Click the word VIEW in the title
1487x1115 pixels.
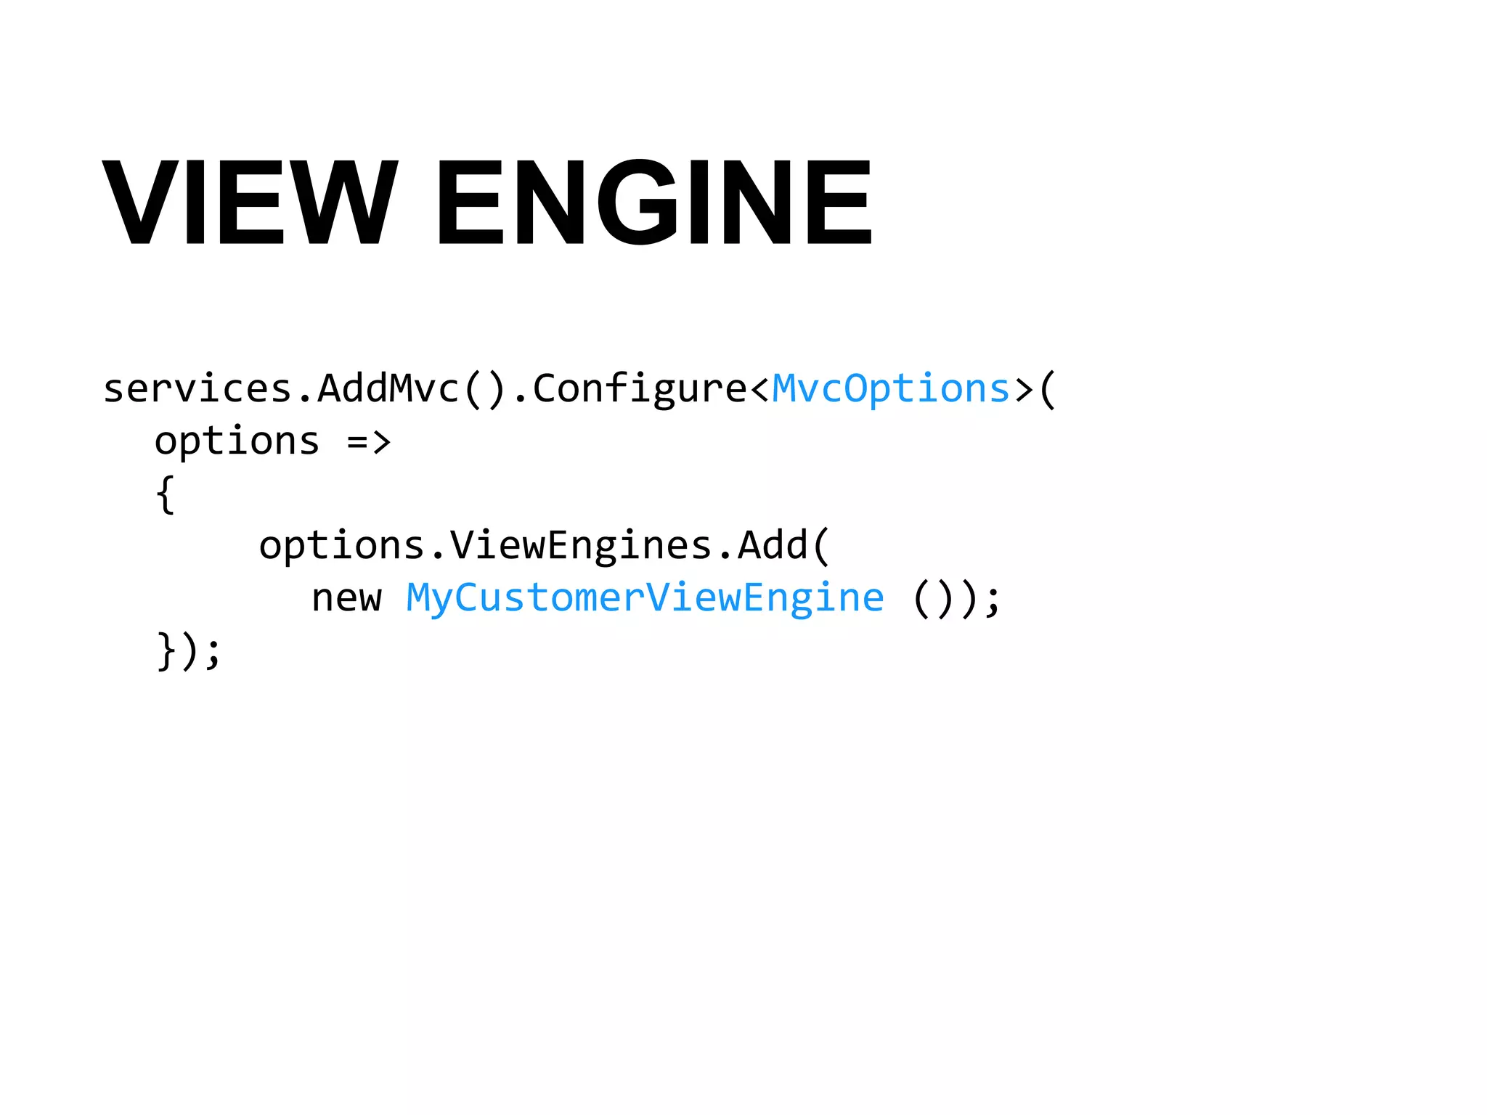click(250, 203)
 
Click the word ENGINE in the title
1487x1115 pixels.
click(653, 203)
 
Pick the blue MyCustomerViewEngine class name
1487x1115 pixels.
click(645, 598)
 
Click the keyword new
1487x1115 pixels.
click(346, 598)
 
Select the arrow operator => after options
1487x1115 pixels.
click(369, 441)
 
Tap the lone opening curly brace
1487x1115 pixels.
click(166, 494)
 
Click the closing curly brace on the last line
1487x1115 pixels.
click(166, 650)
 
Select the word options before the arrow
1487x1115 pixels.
click(237, 441)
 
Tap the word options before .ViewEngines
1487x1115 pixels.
click(341, 545)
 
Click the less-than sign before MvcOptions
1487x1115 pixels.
click(759, 390)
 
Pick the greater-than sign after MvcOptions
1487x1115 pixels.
click(1024, 390)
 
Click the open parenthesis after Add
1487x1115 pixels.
click(821, 545)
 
